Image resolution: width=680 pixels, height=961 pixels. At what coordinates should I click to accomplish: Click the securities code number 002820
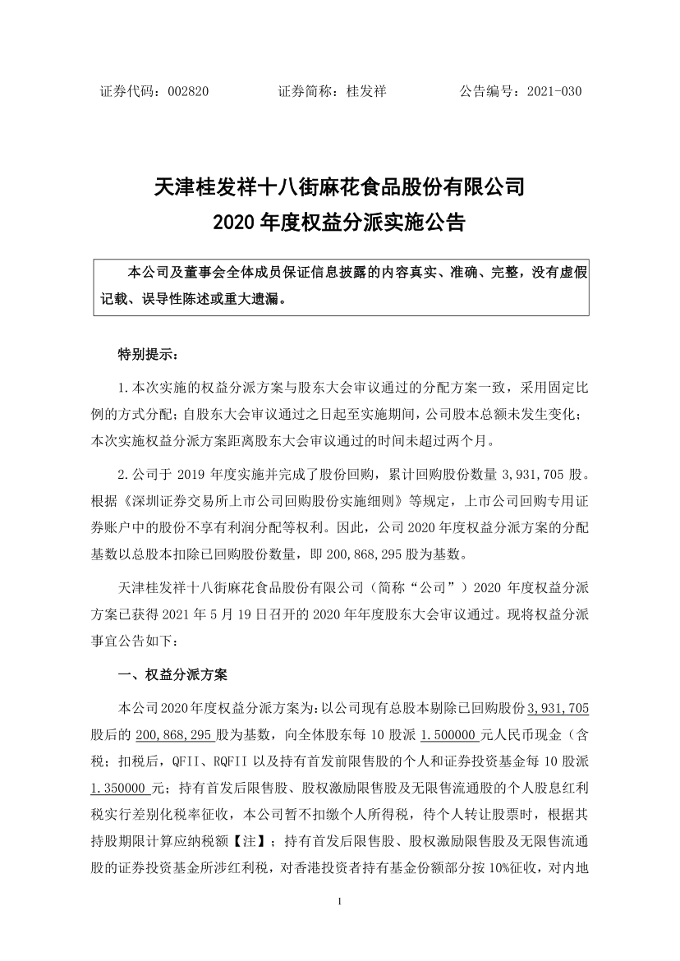[187, 92]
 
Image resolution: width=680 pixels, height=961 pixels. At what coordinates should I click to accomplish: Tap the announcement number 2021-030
[554, 92]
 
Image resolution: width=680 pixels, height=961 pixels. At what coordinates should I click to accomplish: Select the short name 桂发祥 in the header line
[365, 92]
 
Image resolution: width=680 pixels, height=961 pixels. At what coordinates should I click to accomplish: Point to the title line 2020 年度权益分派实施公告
[339, 223]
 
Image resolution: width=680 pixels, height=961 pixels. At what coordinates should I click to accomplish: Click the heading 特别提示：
[147, 356]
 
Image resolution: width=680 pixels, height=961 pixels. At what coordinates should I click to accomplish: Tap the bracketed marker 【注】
[255, 839]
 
